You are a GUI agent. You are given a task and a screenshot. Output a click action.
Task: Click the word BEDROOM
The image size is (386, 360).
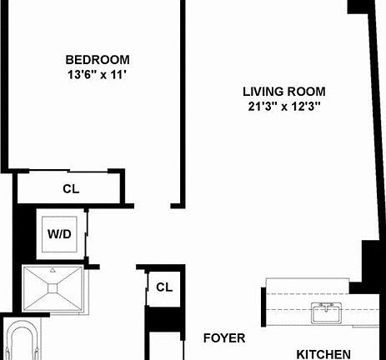coord(98,59)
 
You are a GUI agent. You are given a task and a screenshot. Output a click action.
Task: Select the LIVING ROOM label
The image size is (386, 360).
coord(283,91)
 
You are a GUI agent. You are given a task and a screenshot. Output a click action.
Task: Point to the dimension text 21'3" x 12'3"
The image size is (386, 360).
coord(283,106)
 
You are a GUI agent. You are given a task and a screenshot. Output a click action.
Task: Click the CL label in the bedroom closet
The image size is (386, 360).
coord(71,188)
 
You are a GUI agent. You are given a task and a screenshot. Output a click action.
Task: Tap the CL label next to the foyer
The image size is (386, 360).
coord(163,287)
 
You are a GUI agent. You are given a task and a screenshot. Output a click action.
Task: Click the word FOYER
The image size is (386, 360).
coord(225,338)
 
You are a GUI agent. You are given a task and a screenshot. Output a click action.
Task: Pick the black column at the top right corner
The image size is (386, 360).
coord(357,7)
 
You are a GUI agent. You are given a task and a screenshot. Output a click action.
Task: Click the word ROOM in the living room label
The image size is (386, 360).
coord(306,91)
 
